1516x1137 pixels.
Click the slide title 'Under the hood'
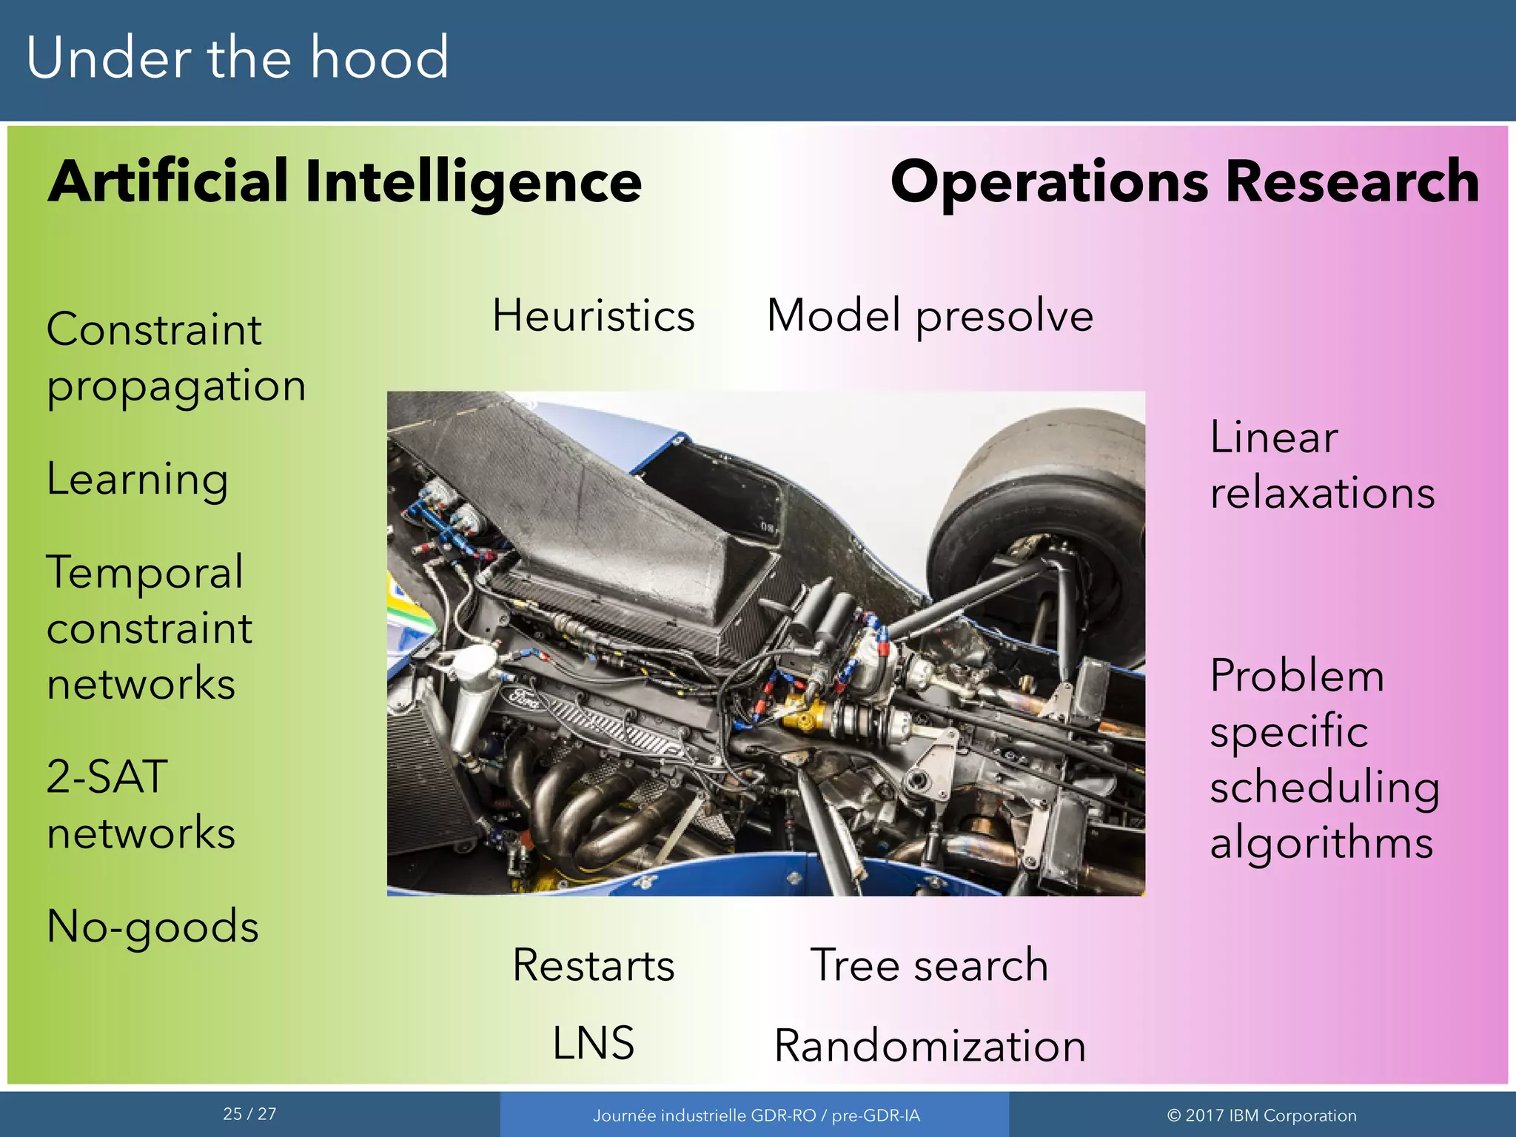(237, 58)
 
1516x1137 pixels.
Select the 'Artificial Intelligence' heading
(345, 182)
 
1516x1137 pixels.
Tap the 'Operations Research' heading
(1184, 182)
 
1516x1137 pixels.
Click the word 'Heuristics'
(594, 316)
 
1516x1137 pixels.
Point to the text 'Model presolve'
(930, 316)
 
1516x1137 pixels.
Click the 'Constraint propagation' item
(176, 358)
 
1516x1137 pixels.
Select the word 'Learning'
(138, 480)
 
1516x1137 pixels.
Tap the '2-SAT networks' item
(141, 805)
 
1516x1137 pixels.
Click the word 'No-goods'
(152, 927)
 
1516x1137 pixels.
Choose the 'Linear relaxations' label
(1322, 465)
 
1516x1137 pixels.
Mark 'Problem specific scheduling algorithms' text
(1324, 759)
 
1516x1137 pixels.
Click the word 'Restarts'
(594, 966)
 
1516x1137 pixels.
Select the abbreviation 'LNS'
(594, 1044)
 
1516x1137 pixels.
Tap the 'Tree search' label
(930, 966)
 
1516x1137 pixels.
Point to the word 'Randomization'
(930, 1047)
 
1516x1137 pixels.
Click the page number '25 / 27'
(249, 1114)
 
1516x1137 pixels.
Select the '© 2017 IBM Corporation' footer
(1261, 1116)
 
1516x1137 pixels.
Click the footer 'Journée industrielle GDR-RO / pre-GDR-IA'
(756, 1116)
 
